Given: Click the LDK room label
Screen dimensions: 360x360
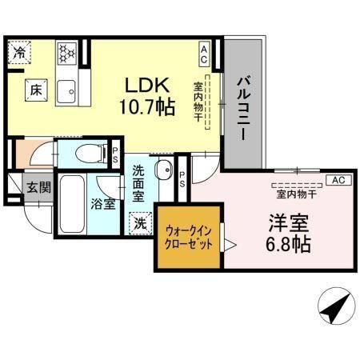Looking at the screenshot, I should [x=146, y=83].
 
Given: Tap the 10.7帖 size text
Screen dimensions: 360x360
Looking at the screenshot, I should [x=149, y=106].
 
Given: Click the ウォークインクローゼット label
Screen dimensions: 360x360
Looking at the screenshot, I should [x=189, y=238].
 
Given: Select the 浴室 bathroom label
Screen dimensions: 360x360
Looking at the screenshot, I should [x=102, y=203].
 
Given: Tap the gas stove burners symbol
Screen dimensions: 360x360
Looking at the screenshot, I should [x=67, y=53].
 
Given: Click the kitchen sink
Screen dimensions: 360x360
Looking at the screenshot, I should [x=67, y=90].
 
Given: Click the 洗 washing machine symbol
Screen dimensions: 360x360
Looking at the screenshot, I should [x=141, y=223].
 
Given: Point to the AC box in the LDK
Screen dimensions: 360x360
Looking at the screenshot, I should [x=204, y=54].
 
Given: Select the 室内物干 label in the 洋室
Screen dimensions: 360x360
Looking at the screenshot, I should [x=296, y=193].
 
